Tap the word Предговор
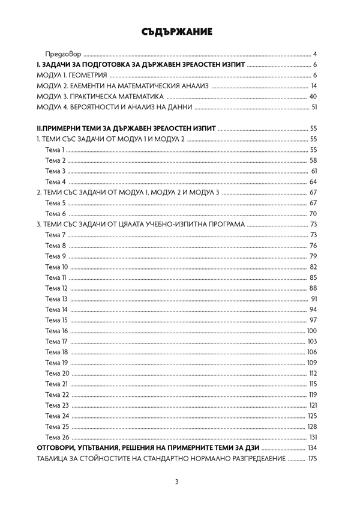pyautogui.click(x=64, y=53)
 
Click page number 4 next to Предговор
pyautogui.click(x=315, y=53)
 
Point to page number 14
pyautogui.click(x=313, y=86)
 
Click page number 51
pyautogui.click(x=313, y=107)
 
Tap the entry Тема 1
pyautogui.click(x=55, y=150)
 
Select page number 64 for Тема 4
pyautogui.click(x=313, y=181)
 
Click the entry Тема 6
pyautogui.click(x=55, y=214)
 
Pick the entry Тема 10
pyautogui.click(x=56, y=267)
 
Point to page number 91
pyautogui.click(x=313, y=298)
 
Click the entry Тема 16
pyautogui.click(x=56, y=331)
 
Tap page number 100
pyautogui.click(x=311, y=331)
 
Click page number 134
pyautogui.click(x=311, y=448)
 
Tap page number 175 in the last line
pyautogui.click(x=311, y=459)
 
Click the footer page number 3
pyautogui.click(x=177, y=482)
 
